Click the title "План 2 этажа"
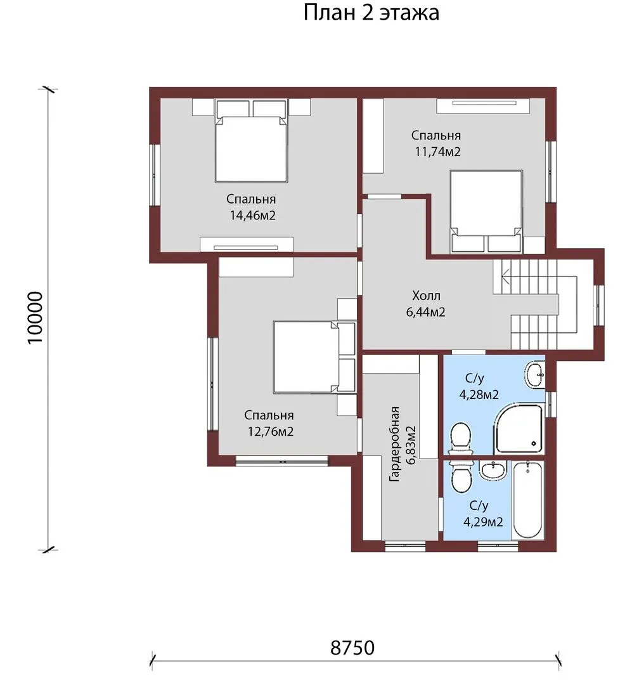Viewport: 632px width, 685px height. tap(371, 13)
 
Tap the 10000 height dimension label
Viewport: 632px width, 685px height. tap(35, 318)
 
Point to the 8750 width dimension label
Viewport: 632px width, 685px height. tap(352, 648)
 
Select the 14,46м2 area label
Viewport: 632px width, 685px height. tap(253, 216)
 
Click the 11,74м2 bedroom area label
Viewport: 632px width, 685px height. tap(437, 152)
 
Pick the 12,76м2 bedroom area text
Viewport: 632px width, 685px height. tap(271, 432)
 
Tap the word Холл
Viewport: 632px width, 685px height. tap(426, 296)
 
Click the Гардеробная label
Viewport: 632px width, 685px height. tap(394, 444)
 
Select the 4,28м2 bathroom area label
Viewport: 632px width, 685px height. tap(479, 395)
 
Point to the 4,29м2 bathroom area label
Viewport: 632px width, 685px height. tap(483, 522)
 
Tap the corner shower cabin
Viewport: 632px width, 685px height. tap(519, 429)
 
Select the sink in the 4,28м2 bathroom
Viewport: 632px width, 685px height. tap(534, 374)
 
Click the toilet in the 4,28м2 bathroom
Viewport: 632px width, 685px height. tap(461, 439)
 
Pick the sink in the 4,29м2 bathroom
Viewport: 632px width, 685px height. tap(493, 470)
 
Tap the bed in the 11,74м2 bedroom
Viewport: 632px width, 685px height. tap(486, 211)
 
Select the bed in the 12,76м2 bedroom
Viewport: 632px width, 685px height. tap(314, 357)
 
